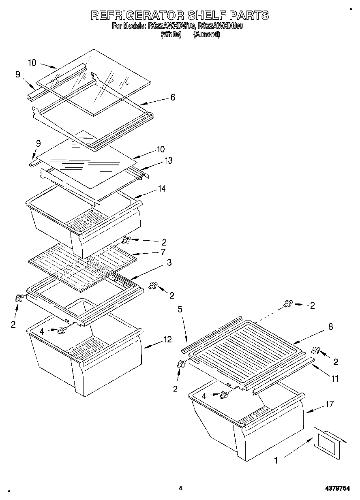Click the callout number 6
point(173,97)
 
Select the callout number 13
point(168,160)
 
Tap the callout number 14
point(162,188)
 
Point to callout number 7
point(163,252)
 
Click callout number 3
point(169,263)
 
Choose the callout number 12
point(167,340)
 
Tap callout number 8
point(330,327)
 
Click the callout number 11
point(335,379)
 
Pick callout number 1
point(276,460)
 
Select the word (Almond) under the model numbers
point(206,34)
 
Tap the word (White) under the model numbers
point(171,34)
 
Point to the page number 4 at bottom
point(180,489)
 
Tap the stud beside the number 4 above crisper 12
point(62,330)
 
